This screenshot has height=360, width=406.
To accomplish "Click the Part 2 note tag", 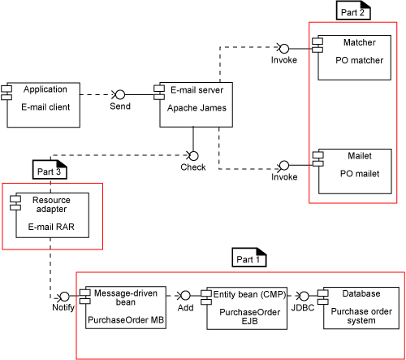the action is [x=353, y=11].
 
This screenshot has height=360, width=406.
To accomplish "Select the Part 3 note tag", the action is [x=50, y=170].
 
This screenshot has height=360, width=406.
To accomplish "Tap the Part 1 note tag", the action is [x=249, y=258].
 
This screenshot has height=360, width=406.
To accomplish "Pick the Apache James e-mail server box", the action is [x=193, y=105].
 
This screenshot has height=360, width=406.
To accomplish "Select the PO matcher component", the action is [x=352, y=58].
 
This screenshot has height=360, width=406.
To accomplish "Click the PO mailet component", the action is [x=352, y=171].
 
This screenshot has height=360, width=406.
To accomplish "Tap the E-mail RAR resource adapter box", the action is [x=50, y=215].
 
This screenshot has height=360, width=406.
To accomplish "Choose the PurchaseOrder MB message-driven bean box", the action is [x=123, y=308].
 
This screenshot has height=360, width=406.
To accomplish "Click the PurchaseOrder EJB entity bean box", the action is [x=244, y=308].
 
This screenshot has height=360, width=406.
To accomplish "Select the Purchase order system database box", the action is [x=359, y=308].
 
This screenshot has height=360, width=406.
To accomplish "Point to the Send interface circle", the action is [x=120, y=95].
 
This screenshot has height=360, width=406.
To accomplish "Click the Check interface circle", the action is [x=193, y=156].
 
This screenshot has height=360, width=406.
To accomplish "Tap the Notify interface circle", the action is [x=64, y=297].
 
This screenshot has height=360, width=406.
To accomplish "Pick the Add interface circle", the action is [x=185, y=296].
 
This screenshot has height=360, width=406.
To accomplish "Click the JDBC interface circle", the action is [x=304, y=296].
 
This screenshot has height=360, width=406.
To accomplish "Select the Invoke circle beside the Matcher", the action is [x=284, y=49].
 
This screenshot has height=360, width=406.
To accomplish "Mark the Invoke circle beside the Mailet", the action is [x=284, y=165].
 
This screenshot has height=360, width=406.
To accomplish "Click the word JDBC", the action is [x=303, y=308].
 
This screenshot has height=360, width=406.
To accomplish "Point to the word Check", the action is [x=193, y=167].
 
